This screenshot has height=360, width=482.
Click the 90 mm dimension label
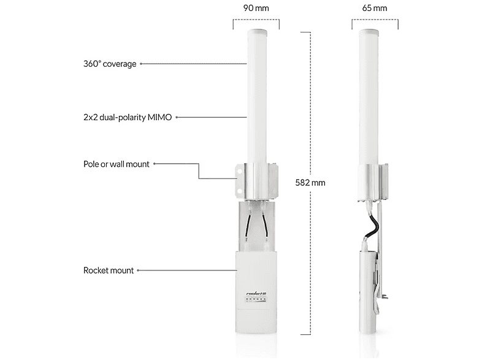[x=256, y=8]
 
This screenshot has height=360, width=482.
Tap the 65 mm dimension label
[x=375, y=8]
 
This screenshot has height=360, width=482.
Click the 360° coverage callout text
[x=110, y=63]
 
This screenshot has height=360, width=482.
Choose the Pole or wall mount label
[x=116, y=164]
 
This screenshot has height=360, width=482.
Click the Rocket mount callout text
[x=108, y=270]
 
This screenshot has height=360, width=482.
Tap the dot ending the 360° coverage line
[x=142, y=63]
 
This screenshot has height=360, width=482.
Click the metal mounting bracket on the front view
[x=254, y=179]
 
